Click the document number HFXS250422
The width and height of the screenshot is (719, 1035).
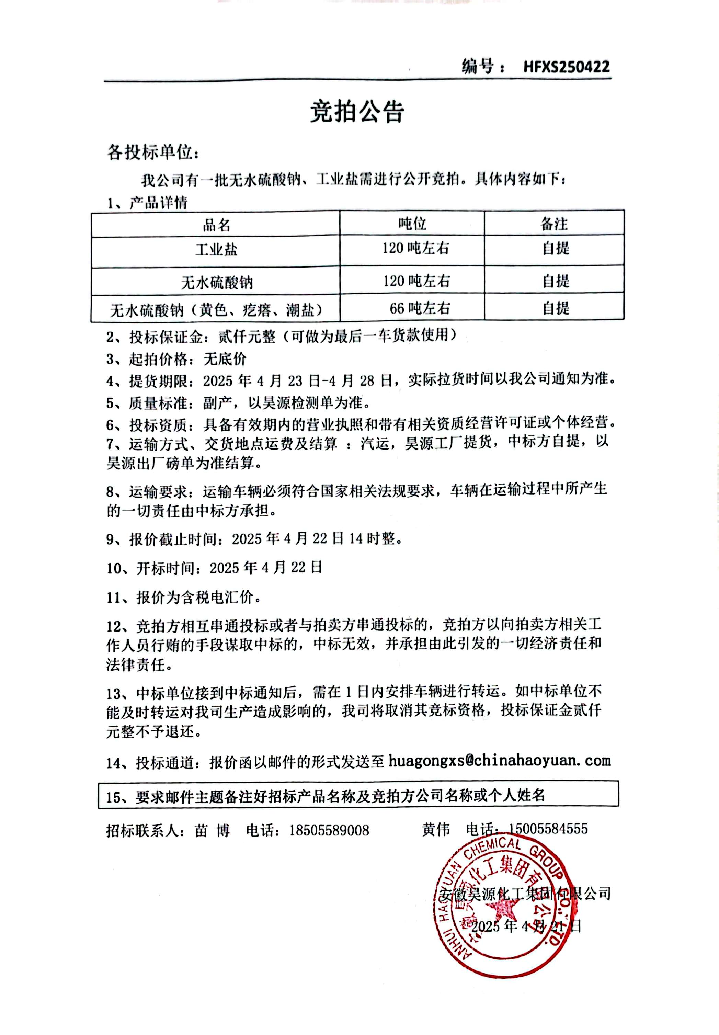click(566, 67)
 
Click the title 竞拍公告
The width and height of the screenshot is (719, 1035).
click(357, 112)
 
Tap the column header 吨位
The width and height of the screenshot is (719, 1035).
click(412, 224)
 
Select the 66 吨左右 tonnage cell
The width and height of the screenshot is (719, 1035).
click(420, 308)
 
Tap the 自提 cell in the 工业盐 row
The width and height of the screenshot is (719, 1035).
click(556, 248)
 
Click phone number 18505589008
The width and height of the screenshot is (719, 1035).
click(329, 830)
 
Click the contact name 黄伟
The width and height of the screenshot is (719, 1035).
click(436, 829)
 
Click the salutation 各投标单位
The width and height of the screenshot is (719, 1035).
click(152, 152)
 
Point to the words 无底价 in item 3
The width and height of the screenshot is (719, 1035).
click(225, 359)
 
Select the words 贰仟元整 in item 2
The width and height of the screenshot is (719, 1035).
click(247, 336)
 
